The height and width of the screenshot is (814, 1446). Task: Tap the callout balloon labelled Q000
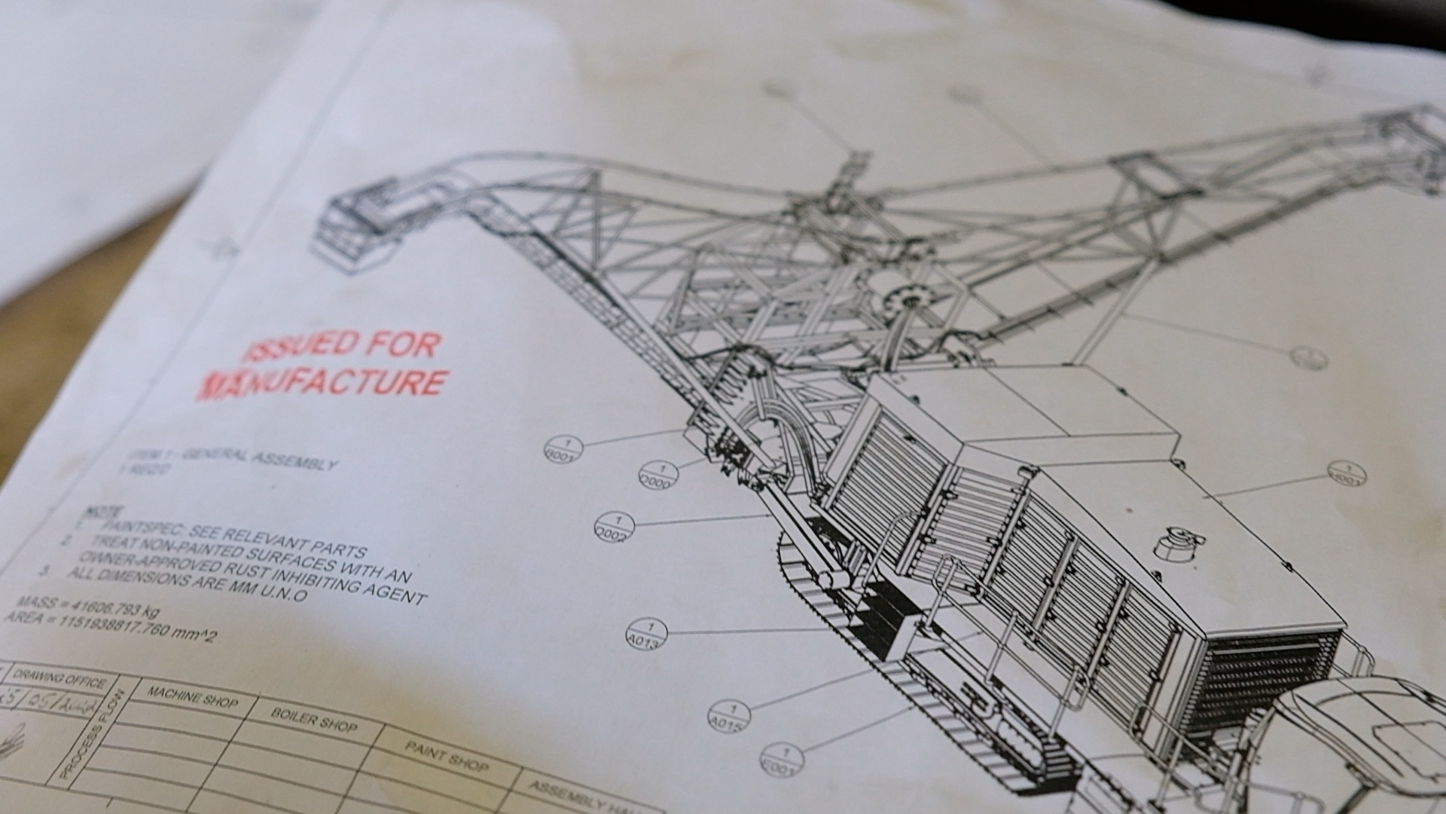(x=658, y=475)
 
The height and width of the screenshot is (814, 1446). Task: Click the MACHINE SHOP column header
(x=192, y=696)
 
